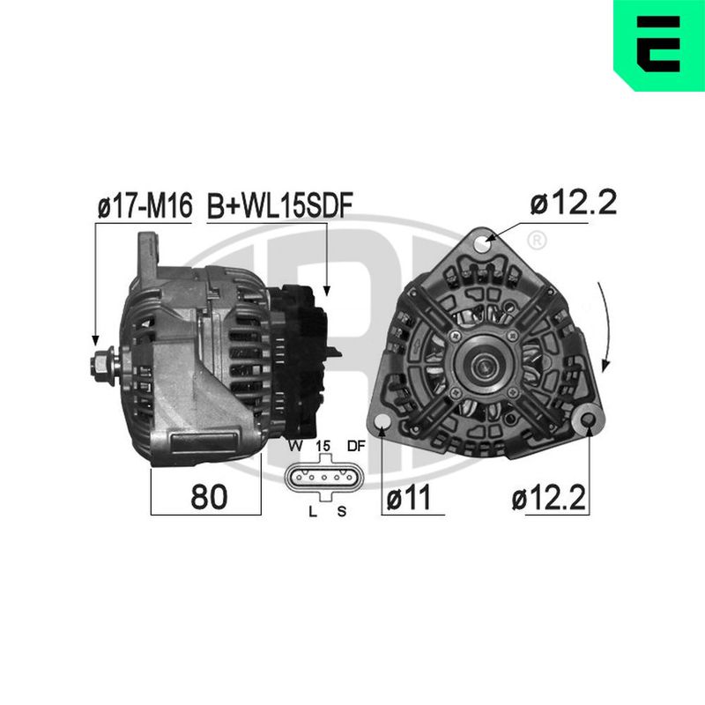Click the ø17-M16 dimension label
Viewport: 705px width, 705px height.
click(x=145, y=205)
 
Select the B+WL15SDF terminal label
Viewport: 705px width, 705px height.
click(x=279, y=205)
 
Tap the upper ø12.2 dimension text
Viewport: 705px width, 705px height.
click(x=574, y=203)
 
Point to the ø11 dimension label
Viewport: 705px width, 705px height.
click(x=409, y=497)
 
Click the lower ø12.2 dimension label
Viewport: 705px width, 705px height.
click(x=548, y=498)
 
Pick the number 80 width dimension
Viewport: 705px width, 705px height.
click(x=209, y=497)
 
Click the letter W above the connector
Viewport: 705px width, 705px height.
click(x=295, y=446)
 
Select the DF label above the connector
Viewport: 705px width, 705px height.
click(x=356, y=446)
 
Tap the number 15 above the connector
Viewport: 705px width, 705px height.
click(x=323, y=446)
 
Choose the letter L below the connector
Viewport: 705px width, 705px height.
click(x=313, y=511)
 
